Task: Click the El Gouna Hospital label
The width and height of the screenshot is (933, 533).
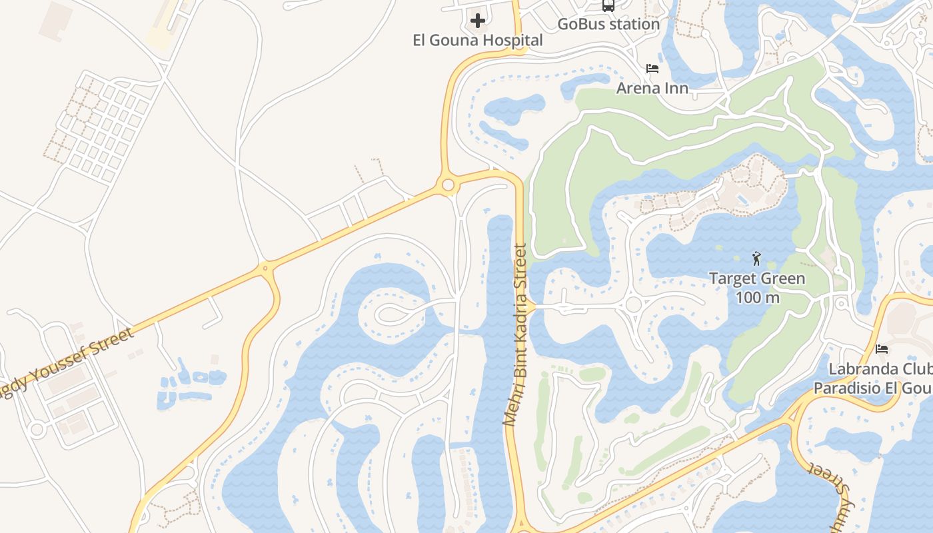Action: [x=478, y=40]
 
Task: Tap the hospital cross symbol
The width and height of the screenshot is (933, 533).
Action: [x=478, y=21]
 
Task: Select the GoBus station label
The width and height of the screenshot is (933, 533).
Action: [x=608, y=24]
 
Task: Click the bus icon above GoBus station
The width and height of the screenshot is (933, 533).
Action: [x=608, y=5]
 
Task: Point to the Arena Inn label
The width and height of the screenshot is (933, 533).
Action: [x=652, y=88]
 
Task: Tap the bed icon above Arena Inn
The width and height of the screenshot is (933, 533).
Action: [x=652, y=69]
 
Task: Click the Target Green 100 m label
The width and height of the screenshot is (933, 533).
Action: [x=757, y=288]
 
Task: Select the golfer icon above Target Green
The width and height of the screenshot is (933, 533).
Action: [x=756, y=259]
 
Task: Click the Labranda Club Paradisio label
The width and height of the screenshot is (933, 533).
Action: [x=873, y=378]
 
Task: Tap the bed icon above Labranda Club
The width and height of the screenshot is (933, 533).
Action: [x=882, y=349]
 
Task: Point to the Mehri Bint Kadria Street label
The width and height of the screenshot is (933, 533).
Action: [x=515, y=335]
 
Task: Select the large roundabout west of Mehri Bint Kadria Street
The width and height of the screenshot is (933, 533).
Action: [x=448, y=185]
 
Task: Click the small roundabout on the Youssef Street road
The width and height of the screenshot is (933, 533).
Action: [x=265, y=268]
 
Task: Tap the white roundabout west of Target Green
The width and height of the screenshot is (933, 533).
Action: [x=633, y=304]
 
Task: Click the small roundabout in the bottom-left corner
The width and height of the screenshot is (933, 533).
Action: [x=37, y=430]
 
